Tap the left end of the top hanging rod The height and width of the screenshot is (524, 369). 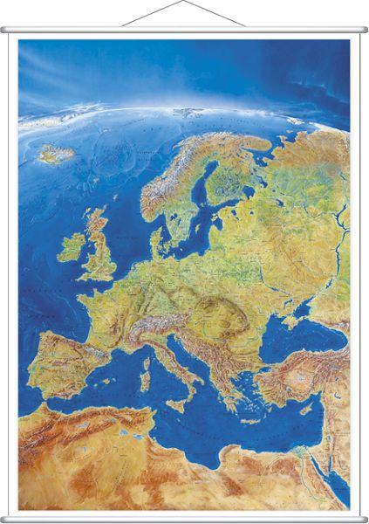click(x=4, y=31)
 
